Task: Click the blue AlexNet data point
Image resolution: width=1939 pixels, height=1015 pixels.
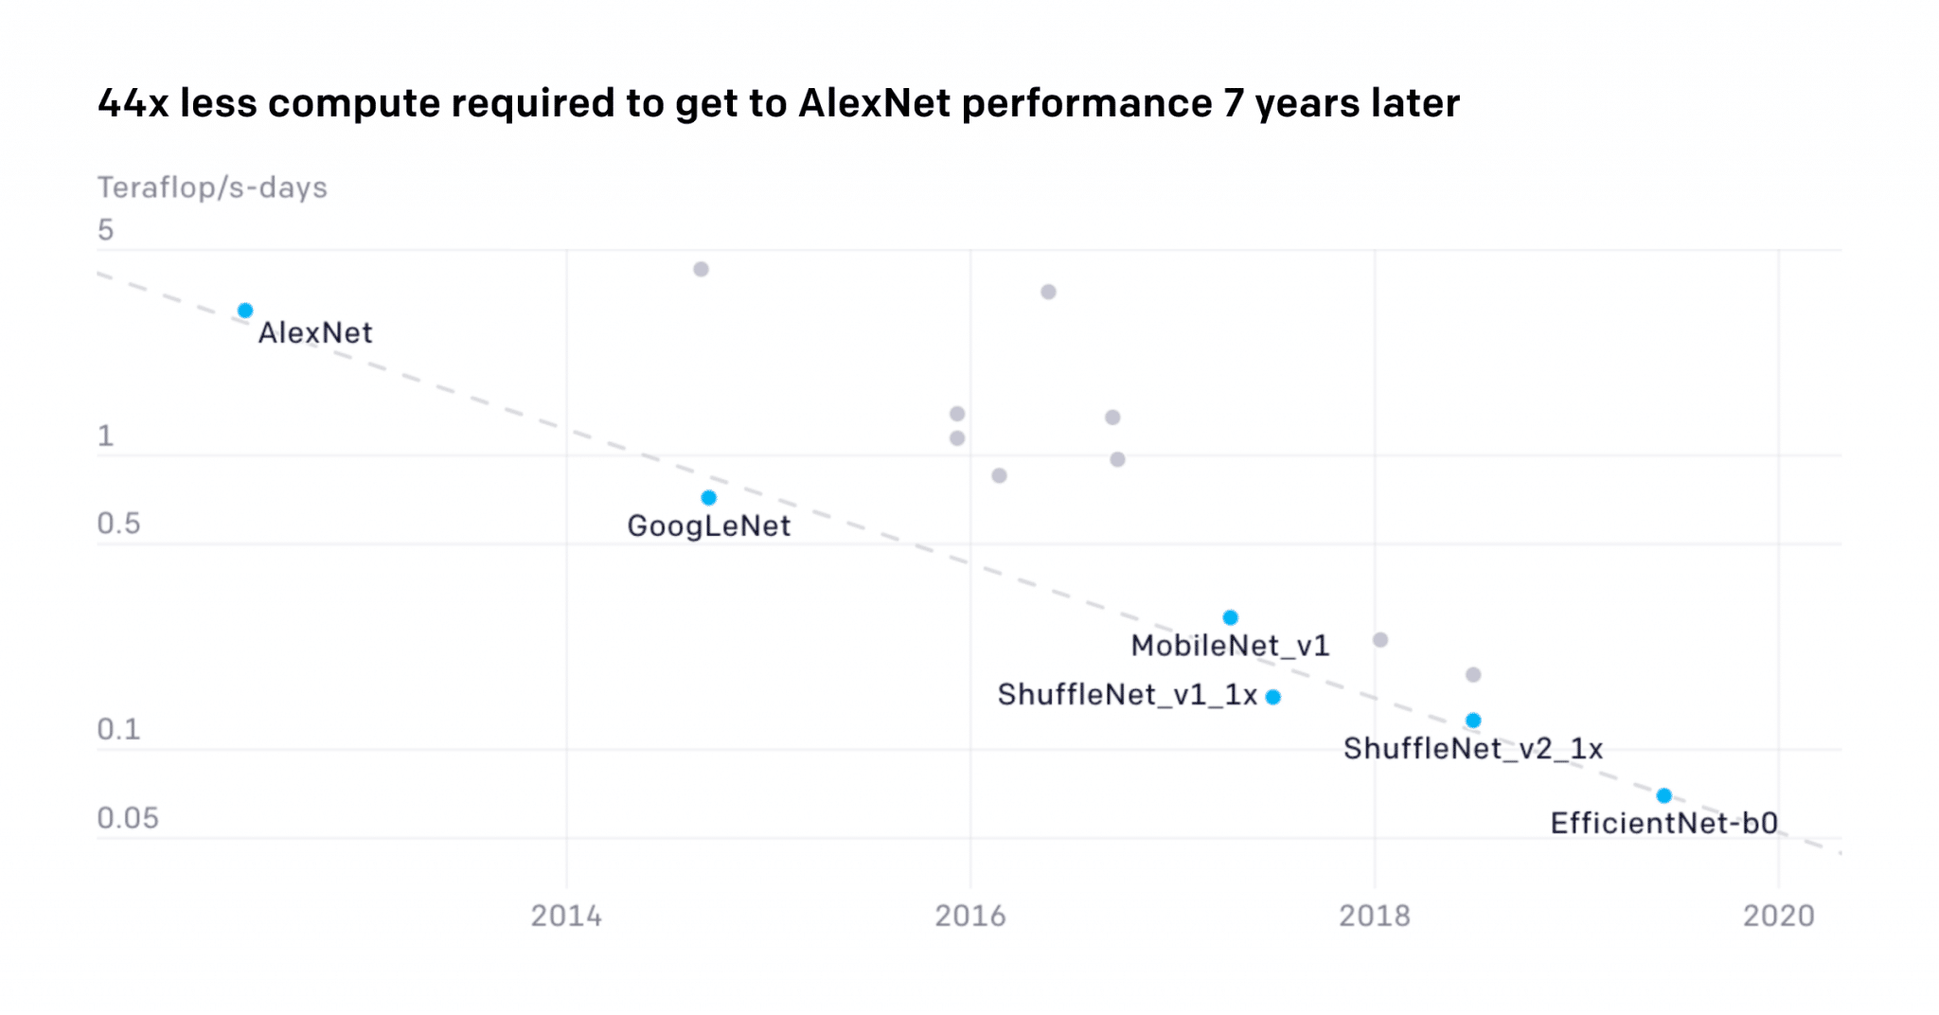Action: tap(245, 311)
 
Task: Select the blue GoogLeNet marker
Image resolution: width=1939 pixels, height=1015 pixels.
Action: tap(708, 498)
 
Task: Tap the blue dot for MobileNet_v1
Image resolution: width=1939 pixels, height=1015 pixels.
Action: tap(1230, 617)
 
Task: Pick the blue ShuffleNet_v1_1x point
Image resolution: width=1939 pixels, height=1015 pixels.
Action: tap(1273, 697)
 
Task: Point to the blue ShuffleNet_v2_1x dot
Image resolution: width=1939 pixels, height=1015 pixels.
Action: tap(1473, 721)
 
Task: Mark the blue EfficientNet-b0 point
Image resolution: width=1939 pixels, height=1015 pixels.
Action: tap(1663, 795)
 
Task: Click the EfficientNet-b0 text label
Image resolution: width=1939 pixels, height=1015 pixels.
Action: tap(1663, 823)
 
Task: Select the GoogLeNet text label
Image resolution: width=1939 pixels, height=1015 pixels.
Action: tap(708, 525)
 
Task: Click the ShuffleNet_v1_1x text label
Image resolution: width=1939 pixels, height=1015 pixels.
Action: tap(1127, 695)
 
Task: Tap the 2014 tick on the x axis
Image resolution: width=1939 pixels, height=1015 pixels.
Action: tap(566, 916)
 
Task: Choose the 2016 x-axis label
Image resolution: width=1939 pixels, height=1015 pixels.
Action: tap(970, 916)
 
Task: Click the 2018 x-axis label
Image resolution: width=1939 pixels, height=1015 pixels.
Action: tap(1374, 916)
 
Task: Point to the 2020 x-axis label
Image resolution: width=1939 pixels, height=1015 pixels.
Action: tap(1778, 916)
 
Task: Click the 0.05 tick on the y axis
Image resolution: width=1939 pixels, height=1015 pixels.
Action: tap(128, 818)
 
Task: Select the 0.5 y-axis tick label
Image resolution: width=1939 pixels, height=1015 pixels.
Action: tap(118, 524)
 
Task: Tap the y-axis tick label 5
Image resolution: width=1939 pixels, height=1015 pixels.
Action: tap(105, 230)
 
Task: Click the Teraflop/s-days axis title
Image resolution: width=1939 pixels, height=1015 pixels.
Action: tap(212, 187)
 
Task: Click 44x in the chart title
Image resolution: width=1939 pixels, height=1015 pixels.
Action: tap(133, 103)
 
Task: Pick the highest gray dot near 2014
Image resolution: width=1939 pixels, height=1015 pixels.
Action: tap(701, 269)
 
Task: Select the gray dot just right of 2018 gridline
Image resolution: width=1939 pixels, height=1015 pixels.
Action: tap(1380, 640)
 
